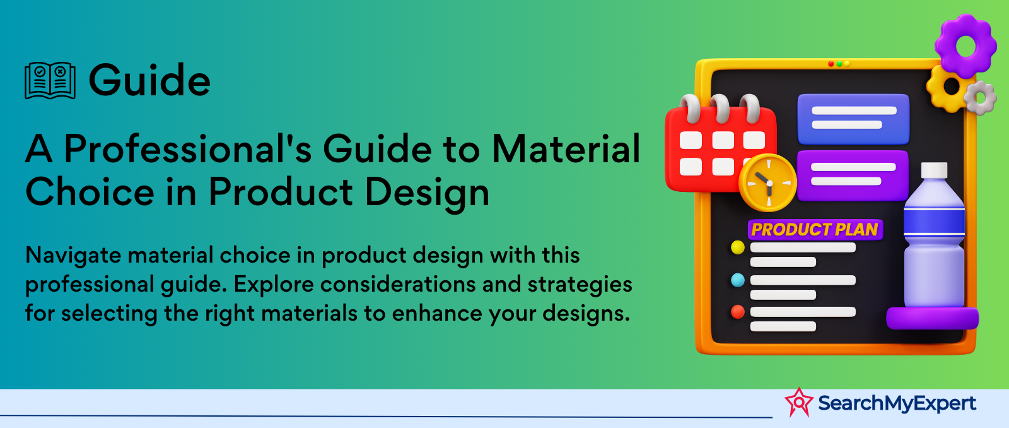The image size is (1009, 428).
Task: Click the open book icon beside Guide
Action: [x=50, y=80]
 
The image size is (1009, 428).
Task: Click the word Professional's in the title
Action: [x=187, y=149]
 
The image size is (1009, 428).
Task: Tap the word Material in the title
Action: [x=566, y=149]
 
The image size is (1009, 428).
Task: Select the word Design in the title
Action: [x=426, y=193]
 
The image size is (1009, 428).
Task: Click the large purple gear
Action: [x=965, y=45]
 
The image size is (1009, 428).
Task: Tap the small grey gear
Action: [x=980, y=97]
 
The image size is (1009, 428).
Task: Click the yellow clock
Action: [x=768, y=183]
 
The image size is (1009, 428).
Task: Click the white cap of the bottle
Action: [x=934, y=170]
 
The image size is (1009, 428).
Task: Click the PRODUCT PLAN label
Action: [x=815, y=230]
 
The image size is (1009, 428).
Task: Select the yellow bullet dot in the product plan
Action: [x=737, y=247]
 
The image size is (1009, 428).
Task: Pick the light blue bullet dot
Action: [x=737, y=280]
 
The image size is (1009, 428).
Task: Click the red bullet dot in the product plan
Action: [x=737, y=312]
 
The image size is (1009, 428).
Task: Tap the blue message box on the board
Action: [x=854, y=119]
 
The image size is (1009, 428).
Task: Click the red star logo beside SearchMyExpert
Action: [x=799, y=402]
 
